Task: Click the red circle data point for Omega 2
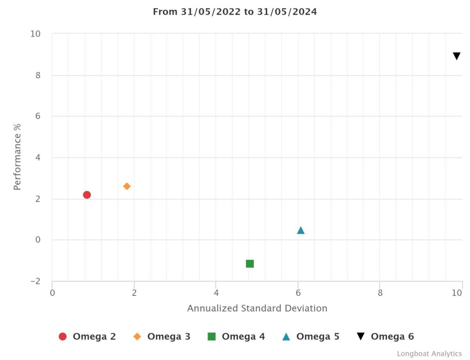coord(87,195)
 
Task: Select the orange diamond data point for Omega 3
coord(127,186)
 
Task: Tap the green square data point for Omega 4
coord(250,264)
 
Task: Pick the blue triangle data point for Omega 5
coord(301,230)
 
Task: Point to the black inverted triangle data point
coord(456,56)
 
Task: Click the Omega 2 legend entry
coord(88,337)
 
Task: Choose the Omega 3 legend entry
coord(162,337)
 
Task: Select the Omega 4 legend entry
coord(236,337)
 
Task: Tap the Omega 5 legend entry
coord(311,337)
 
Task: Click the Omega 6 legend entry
coord(386,337)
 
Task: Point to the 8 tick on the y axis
coord(38,75)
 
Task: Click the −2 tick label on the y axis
coord(35,281)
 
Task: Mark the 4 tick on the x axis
coord(216,293)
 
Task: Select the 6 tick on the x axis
coord(298,293)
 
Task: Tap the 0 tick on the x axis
coord(52,293)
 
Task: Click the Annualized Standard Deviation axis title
coord(257,308)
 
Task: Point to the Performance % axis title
coord(17,157)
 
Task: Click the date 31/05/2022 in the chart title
coord(212,12)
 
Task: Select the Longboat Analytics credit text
coord(429,354)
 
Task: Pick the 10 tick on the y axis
coord(35,34)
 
